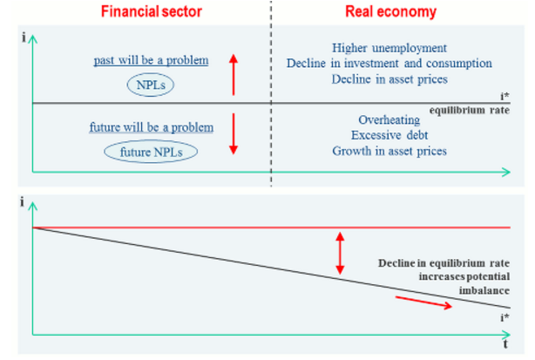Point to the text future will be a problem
[152, 127]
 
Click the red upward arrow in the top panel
[233, 74]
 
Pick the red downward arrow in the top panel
[233, 133]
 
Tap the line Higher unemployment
[389, 48]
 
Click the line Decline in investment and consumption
[389, 64]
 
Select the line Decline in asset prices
[389, 79]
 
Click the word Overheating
[389, 119]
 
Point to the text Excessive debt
[389, 135]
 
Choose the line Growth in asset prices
[389, 151]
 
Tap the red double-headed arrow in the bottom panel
[341, 254]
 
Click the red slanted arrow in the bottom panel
[424, 302]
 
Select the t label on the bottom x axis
[505, 344]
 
